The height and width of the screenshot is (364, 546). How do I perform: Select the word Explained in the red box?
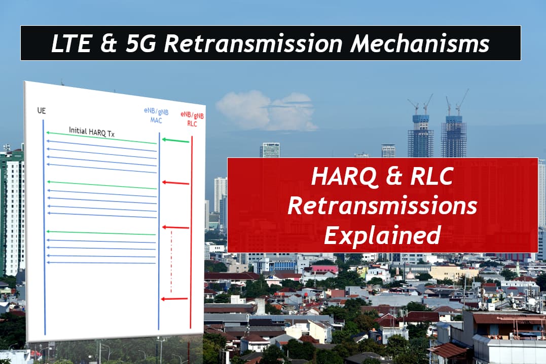382,235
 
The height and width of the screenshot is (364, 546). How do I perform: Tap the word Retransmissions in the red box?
382,206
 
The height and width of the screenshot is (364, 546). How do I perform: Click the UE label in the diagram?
42,110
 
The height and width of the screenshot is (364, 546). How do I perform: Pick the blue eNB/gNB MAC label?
156,116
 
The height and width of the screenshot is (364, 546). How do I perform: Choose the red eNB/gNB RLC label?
192,119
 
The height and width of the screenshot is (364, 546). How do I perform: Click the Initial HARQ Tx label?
92,132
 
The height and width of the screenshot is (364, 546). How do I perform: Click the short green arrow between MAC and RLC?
175,141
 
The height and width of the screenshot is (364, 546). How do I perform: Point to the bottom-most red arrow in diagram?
174,299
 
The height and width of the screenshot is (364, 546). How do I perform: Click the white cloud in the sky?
266,110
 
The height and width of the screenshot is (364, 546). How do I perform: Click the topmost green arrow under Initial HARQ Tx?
101,138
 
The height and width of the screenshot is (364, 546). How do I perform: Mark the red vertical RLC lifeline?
191,232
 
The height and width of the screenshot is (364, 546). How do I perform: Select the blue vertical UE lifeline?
44,227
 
